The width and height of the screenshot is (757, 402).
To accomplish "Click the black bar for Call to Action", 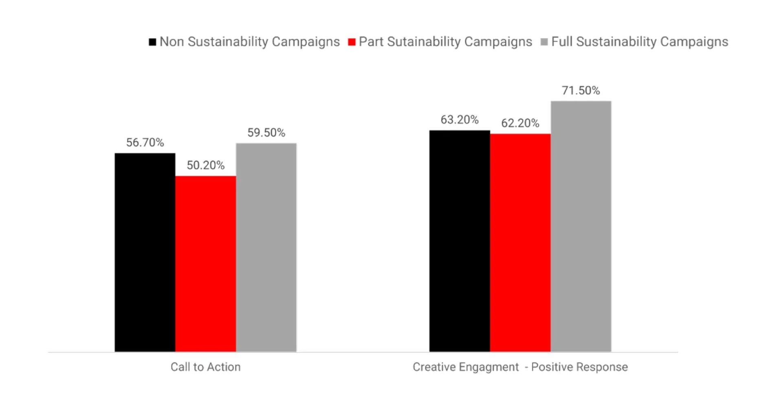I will pos(145,252).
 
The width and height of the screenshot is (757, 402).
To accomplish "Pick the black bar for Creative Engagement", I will pos(459,241).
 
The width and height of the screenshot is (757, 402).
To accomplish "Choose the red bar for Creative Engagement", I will pos(520,243).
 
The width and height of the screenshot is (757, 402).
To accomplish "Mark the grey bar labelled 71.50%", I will pos(581,226).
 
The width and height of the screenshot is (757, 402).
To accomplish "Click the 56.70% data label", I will pos(145,142).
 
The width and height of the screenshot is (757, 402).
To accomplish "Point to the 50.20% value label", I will pos(205,165).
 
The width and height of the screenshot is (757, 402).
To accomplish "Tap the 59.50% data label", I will pos(266,133).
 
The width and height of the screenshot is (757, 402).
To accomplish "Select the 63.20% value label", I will pos(459,120).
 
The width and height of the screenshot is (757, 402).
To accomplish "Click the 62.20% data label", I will pos(520,123).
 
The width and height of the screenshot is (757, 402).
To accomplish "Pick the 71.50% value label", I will pos(581,90).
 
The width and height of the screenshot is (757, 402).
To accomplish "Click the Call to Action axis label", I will pos(205,367).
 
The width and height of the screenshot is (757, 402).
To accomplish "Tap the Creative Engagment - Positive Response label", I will pos(520,367).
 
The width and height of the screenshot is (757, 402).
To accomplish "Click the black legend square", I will pos(152,42).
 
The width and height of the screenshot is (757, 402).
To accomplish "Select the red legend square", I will pos(352,42).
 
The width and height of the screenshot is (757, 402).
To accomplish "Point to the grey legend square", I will pos(544,42).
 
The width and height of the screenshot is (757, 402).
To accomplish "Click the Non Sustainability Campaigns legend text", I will pos(249,42).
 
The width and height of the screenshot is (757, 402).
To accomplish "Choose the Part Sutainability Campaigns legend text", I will pos(445,42).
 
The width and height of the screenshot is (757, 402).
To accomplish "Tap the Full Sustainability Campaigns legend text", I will pos(639,42).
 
